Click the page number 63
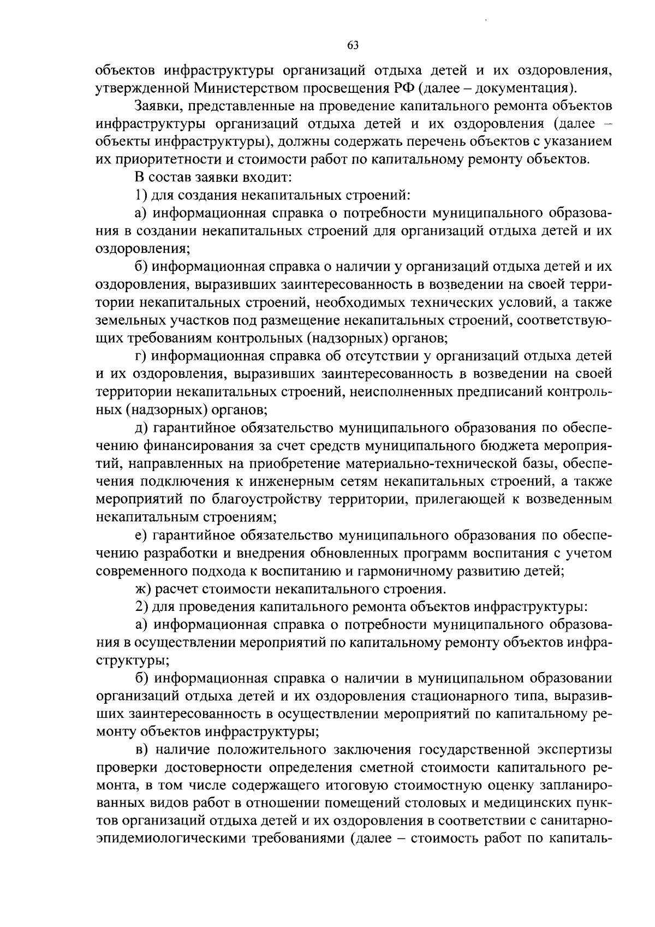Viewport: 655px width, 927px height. [x=353, y=46]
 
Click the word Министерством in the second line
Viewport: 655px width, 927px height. [x=243, y=88]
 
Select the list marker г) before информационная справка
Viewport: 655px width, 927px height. [x=141, y=356]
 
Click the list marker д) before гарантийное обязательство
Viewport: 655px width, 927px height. [x=141, y=427]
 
